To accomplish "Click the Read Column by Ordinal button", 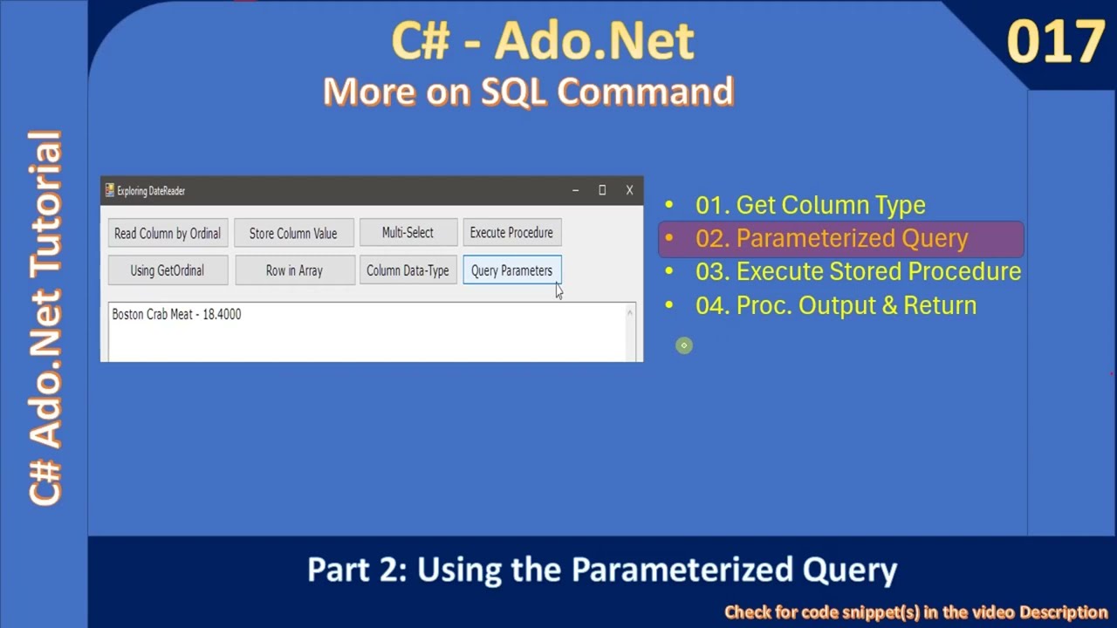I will (x=168, y=234).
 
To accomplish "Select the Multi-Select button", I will (x=408, y=233).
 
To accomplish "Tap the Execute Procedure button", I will (x=511, y=233).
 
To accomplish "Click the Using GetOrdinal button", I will (x=168, y=270).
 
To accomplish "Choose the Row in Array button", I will (x=294, y=270).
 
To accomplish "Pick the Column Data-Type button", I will (x=408, y=270).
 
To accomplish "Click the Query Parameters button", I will (x=511, y=270).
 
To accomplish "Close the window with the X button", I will (x=629, y=190).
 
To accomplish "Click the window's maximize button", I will (x=602, y=190).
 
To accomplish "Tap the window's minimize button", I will (x=575, y=190).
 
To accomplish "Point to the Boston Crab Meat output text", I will (x=176, y=314).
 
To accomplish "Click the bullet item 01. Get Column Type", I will (x=810, y=205).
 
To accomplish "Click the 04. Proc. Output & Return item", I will (x=835, y=305).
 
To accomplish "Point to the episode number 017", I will (x=1055, y=42).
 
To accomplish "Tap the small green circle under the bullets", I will (x=684, y=345).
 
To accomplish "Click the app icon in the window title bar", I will (x=110, y=190).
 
